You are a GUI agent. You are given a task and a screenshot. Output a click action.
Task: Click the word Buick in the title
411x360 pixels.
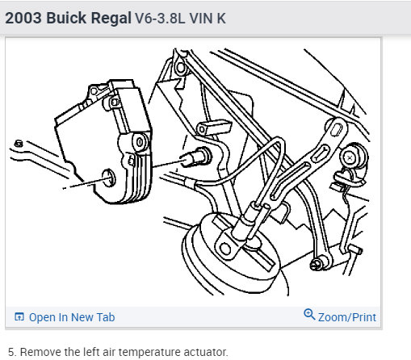[66, 19]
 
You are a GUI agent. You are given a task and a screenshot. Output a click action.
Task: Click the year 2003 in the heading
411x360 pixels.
[23, 19]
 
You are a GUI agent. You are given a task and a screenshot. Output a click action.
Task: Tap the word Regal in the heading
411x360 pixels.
[111, 19]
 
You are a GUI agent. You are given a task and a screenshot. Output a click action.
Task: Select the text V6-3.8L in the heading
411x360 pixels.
[160, 19]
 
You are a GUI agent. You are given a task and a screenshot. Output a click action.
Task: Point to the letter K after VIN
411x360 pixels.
[221, 19]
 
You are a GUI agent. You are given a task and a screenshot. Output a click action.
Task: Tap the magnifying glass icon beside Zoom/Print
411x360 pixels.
[309, 314]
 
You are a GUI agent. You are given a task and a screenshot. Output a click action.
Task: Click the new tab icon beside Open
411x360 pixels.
[19, 316]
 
